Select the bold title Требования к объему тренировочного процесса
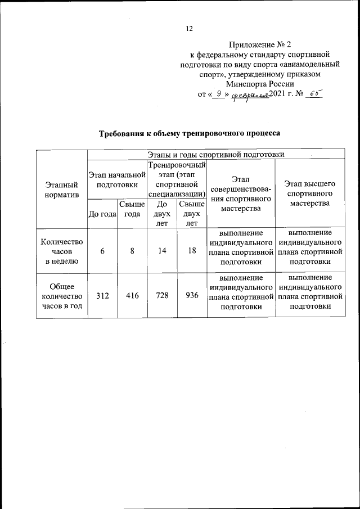click(189, 134)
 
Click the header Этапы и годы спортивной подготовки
click(215, 154)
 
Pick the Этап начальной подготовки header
click(117, 178)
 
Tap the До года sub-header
click(102, 214)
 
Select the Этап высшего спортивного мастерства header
click(309, 193)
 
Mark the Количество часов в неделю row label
click(62, 251)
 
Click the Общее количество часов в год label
click(62, 296)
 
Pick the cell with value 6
click(102, 251)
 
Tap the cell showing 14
click(162, 251)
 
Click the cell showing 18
click(192, 251)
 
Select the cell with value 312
click(102, 296)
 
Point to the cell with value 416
click(132, 296)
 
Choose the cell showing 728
click(162, 296)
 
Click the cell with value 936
click(192, 296)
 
